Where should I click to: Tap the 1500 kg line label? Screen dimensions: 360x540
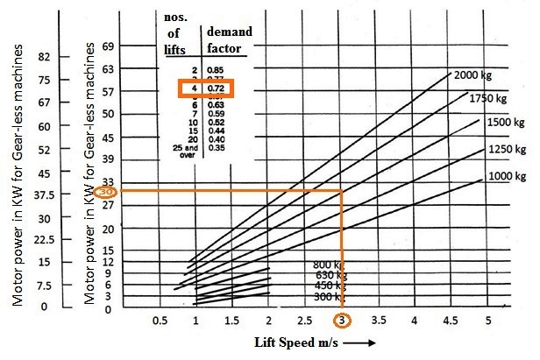[506, 124]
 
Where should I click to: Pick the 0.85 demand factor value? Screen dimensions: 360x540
[215, 68]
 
